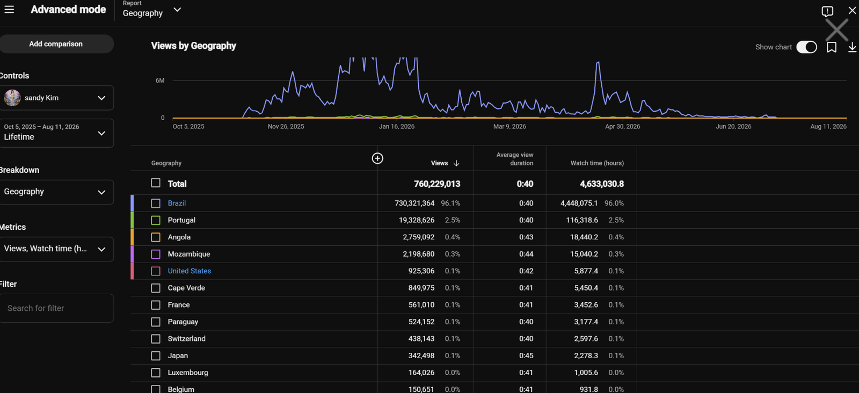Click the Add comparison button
coord(56,43)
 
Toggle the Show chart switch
coord(806,47)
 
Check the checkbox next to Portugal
coord(156,220)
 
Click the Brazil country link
coord(177,203)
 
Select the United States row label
coord(190,271)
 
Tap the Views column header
coord(440,163)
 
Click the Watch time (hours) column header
coord(597,163)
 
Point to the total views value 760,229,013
coord(437,184)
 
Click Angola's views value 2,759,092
coord(418,237)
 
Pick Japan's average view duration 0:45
coord(526,355)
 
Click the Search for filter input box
coord(57,308)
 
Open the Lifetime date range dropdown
coord(57,133)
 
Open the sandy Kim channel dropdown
coord(57,98)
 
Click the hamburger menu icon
coord(9,9)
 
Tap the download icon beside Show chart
coord(852,47)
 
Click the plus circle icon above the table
coord(377,158)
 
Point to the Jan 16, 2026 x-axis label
coord(397,127)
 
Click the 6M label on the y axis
coord(160,81)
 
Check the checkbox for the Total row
coord(156,183)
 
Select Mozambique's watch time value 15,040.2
coord(584,254)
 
